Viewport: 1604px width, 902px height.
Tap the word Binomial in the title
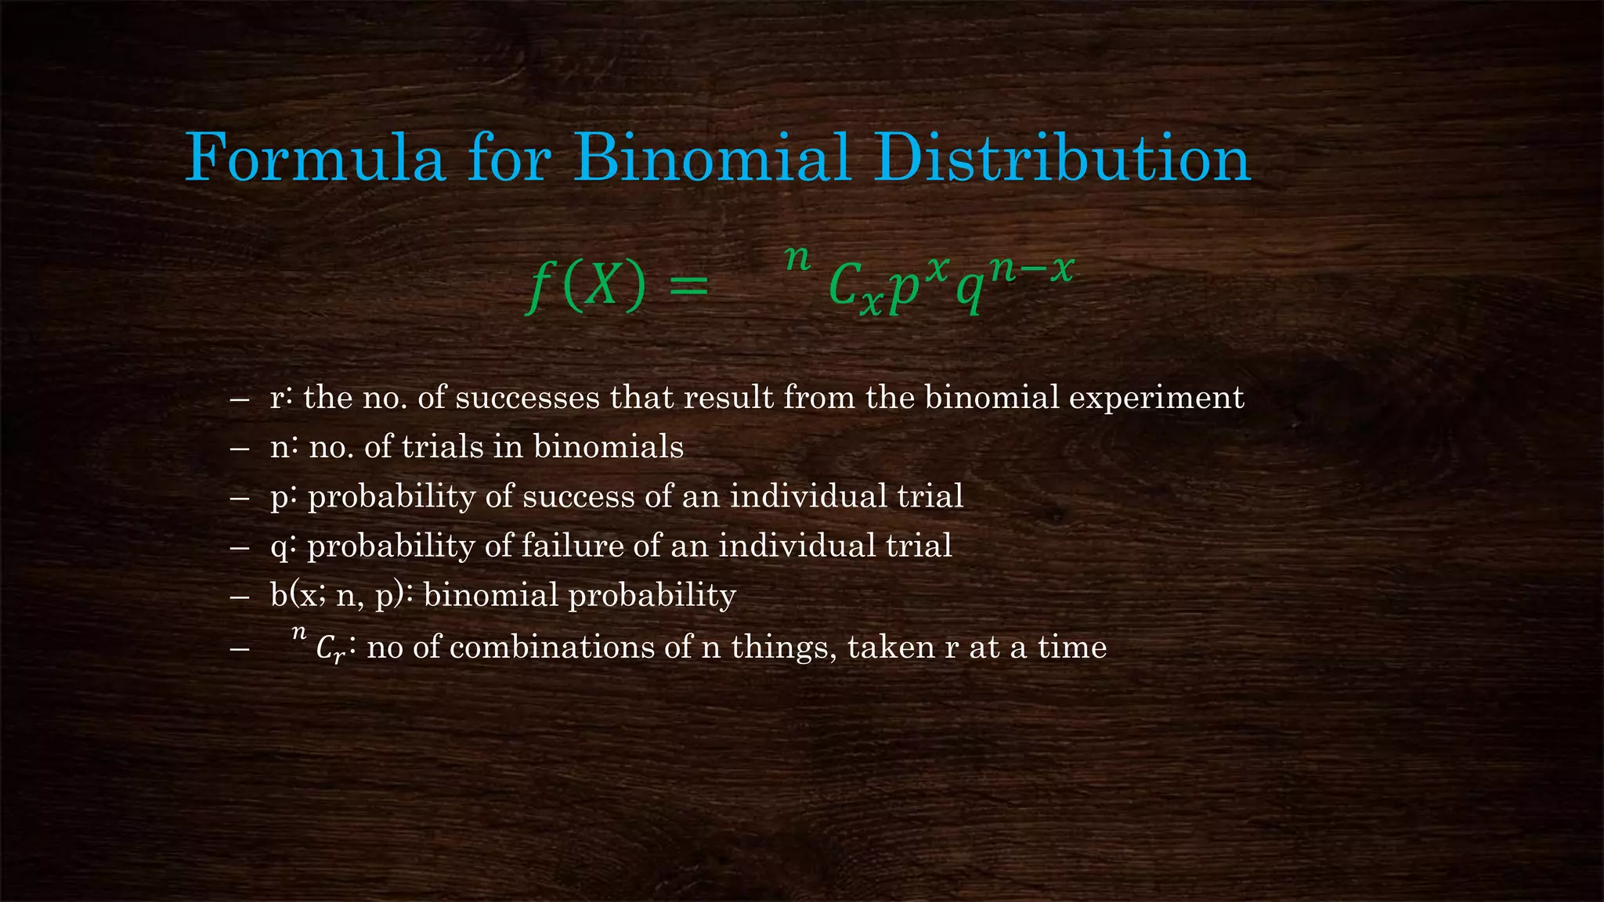click(711, 159)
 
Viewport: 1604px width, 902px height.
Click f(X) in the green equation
click(588, 286)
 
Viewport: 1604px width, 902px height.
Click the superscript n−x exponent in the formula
click(1030, 269)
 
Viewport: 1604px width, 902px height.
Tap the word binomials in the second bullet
click(608, 447)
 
